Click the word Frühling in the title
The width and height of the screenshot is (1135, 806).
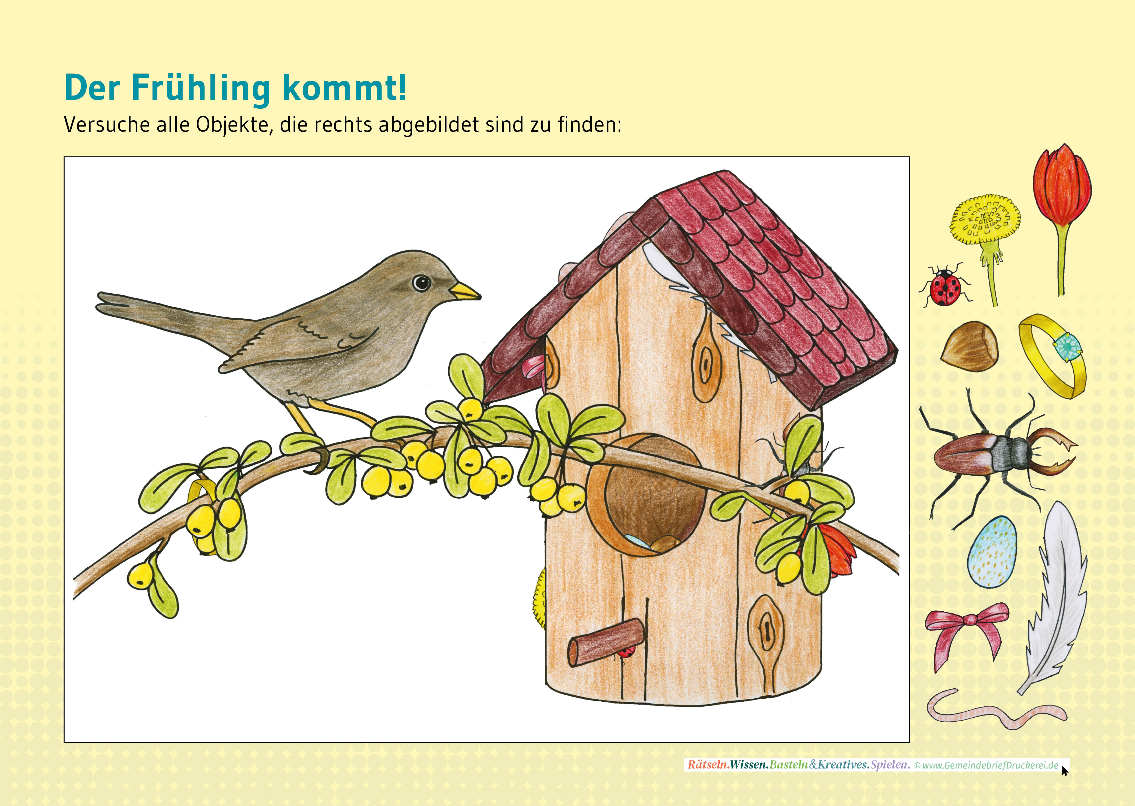click(201, 88)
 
